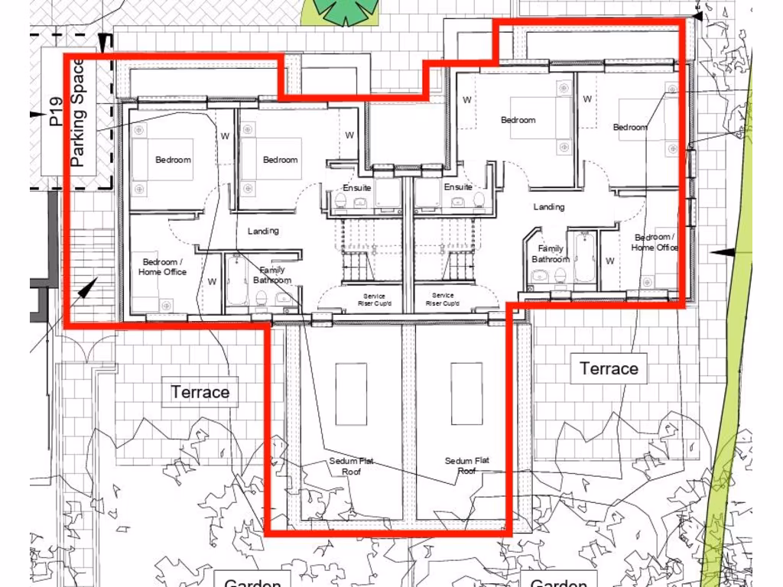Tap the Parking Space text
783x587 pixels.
click(78, 113)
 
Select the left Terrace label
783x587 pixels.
click(200, 392)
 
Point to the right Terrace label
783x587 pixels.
click(609, 368)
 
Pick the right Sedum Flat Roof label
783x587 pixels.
click(467, 465)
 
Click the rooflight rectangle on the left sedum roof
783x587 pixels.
click(351, 394)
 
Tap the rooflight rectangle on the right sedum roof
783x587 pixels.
click(466, 394)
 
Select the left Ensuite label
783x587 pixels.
click(357, 187)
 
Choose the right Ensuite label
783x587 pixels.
click(458, 186)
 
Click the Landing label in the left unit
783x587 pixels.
click(263, 231)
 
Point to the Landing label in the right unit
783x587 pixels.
click(549, 206)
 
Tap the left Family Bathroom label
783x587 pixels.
click(272, 275)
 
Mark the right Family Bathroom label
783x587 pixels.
click(551, 254)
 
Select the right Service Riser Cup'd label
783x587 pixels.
click(443, 300)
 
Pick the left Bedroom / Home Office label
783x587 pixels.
click(162, 267)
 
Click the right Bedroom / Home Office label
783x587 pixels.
click(655, 242)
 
